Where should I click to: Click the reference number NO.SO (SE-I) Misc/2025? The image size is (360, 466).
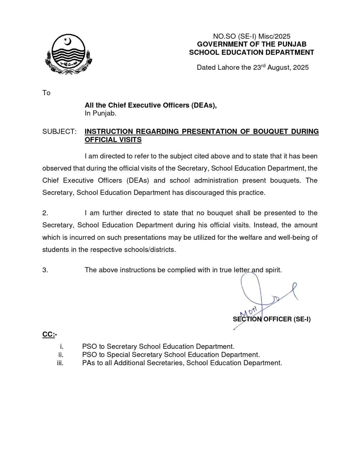point(252,36)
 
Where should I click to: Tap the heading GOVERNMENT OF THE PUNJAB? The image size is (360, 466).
point(252,44)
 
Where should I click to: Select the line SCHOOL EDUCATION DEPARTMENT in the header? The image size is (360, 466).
point(252,52)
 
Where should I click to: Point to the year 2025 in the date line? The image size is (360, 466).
point(301,68)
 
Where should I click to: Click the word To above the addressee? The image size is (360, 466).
point(46,93)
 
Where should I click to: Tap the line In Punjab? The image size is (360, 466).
point(100,113)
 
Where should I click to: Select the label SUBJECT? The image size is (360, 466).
point(59,131)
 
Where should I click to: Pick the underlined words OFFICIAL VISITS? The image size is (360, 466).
point(113,140)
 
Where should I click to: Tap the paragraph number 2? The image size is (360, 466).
point(45,213)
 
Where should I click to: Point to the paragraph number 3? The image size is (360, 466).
point(45,270)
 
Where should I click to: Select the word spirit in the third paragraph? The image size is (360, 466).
point(273,270)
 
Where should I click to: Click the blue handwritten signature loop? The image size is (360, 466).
point(250,288)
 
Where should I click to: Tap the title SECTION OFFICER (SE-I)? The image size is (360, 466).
point(271,319)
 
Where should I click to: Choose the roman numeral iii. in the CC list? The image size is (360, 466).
point(60,363)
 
